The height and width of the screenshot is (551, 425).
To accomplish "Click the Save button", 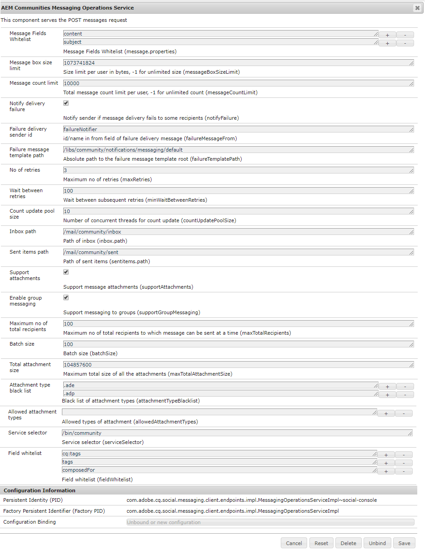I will (x=404, y=543).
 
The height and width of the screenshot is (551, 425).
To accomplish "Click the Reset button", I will (x=321, y=543).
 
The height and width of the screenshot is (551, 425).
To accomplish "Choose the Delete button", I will (x=349, y=543).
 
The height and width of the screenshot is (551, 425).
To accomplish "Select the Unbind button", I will (x=377, y=543).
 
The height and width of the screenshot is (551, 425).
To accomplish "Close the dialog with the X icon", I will (x=417, y=8).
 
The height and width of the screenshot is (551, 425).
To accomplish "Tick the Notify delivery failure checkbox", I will (x=66, y=103).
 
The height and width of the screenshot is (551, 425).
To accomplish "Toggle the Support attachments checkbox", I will (x=66, y=272).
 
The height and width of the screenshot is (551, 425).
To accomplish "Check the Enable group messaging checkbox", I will (x=66, y=298).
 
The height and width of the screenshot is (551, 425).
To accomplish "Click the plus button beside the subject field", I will (x=387, y=43).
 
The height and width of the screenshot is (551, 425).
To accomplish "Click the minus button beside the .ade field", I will (x=405, y=387).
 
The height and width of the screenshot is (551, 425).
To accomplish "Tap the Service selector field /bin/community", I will (x=237, y=433).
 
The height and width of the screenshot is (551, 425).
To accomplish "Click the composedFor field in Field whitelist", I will (x=218, y=470).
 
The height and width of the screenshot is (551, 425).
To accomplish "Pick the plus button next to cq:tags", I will (x=386, y=455).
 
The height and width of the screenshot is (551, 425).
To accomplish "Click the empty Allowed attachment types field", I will (x=218, y=412).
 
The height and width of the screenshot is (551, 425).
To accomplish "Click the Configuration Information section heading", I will (x=40, y=490).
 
